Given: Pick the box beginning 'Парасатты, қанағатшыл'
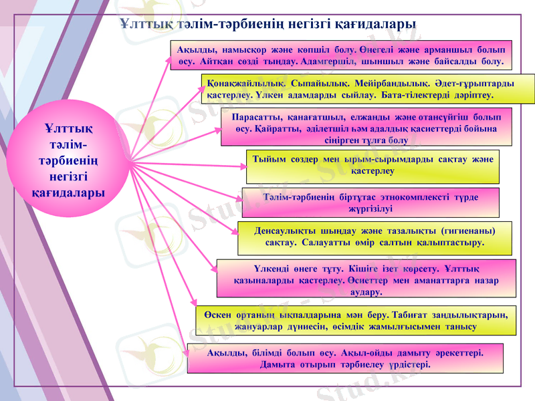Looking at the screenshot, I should point(366,127).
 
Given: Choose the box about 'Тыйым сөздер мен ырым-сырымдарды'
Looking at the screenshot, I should point(372,166).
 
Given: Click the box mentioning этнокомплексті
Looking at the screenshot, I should point(370,202).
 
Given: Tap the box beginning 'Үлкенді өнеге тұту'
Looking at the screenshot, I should point(366,278).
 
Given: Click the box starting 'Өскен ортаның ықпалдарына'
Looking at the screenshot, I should point(355,319).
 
